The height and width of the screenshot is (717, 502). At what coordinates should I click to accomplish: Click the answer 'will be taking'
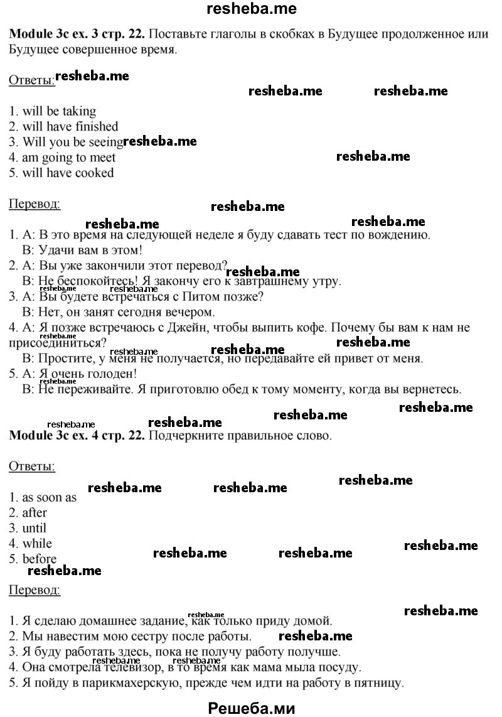coord(60,112)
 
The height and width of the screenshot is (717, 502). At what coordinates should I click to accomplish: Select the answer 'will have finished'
coord(70,127)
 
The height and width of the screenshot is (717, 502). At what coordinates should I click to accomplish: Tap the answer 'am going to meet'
coord(68,158)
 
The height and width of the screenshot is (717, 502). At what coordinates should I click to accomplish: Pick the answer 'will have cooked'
coord(68,173)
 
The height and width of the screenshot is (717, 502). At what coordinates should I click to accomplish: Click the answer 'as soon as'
coord(50,498)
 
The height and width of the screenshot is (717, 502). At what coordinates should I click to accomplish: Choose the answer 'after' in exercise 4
coord(35,513)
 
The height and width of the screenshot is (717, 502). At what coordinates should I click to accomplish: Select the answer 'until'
coord(35,529)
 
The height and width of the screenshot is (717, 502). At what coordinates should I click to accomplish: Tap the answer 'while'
coord(37,544)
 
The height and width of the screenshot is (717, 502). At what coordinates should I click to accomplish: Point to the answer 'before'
coord(40,559)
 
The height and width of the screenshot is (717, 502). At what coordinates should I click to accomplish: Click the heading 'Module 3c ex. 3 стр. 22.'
coord(77,34)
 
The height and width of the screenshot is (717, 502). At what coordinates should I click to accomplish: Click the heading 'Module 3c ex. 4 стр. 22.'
coord(77,435)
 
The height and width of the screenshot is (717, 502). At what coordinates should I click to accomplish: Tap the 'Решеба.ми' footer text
coord(252,708)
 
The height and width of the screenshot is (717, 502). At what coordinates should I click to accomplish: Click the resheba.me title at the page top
coord(252,8)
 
